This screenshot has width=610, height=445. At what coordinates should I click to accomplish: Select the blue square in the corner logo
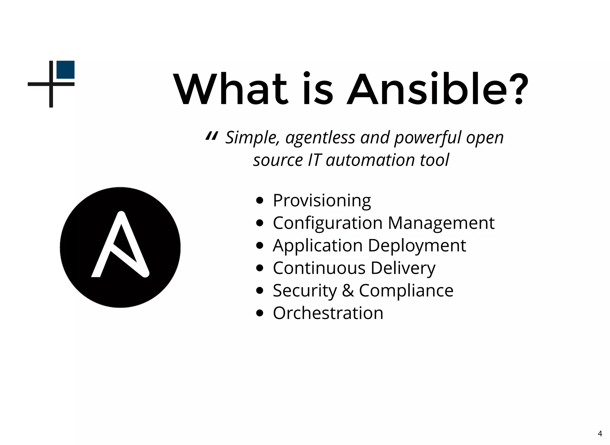point(66,70)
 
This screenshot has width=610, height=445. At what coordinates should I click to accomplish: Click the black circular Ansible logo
point(120,247)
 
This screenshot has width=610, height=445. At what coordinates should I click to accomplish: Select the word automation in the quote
point(370,160)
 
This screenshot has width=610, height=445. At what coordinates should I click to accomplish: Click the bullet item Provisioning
point(322,200)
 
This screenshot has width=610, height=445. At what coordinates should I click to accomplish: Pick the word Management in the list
point(441,223)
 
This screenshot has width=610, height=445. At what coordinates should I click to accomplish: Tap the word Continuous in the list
point(319,268)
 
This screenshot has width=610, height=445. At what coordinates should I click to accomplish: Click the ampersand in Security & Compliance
point(348,290)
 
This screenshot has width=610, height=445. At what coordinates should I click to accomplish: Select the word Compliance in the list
point(406,290)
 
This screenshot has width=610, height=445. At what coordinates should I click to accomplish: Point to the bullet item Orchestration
point(328,313)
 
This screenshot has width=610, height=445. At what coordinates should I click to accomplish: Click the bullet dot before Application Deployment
point(260,246)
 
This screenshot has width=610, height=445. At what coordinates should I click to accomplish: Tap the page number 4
point(600,434)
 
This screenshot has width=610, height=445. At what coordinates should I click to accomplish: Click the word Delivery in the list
point(403,268)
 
